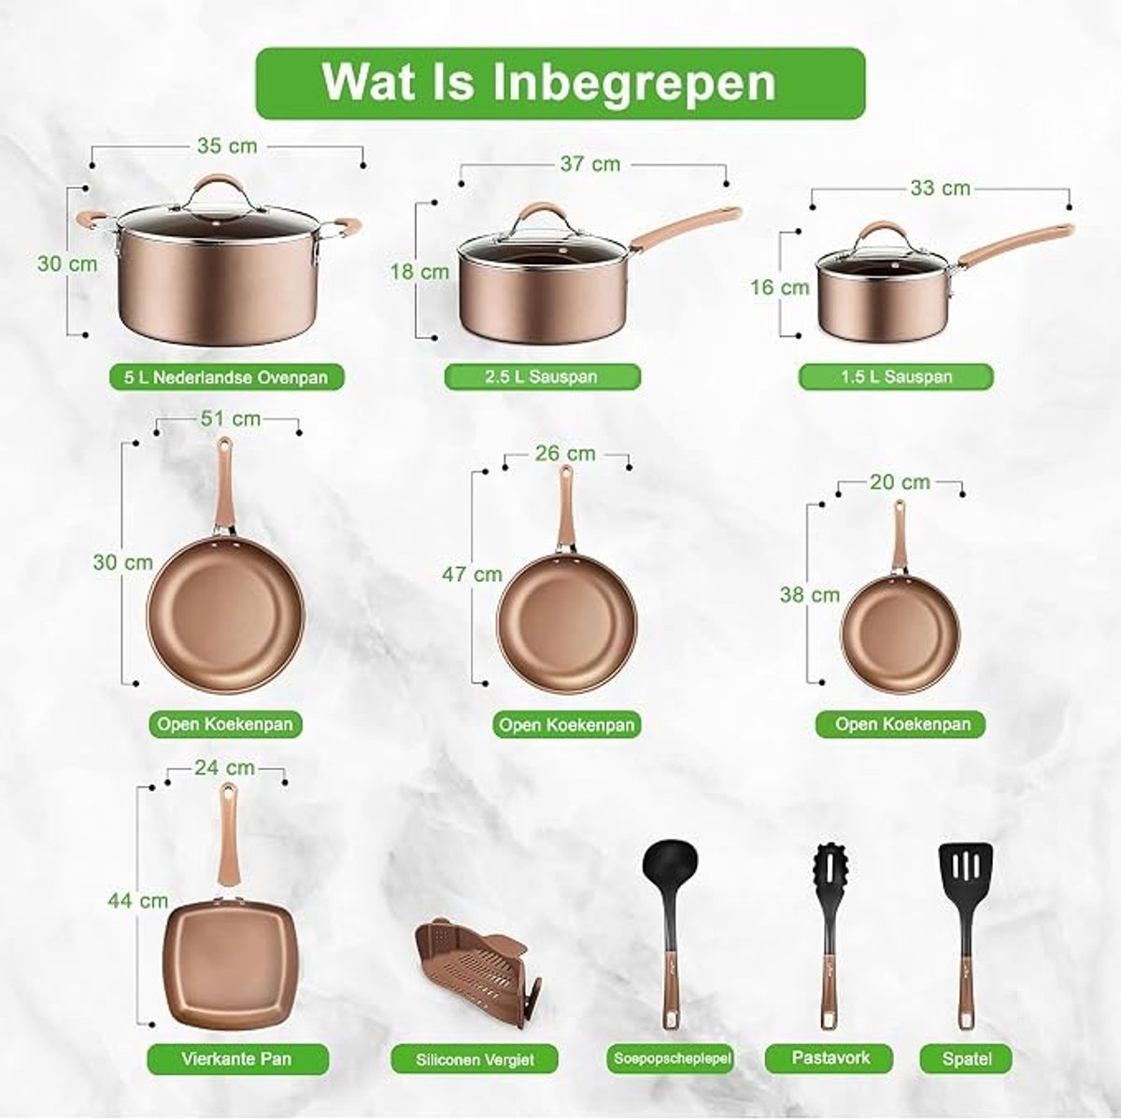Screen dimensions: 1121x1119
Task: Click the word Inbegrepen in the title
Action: point(634,82)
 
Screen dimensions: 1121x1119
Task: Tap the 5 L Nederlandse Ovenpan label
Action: point(226,377)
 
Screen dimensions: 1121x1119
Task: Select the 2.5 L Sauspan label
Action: point(542,376)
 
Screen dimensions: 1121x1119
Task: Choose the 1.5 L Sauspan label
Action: point(896,376)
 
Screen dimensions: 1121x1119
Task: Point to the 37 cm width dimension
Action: point(590,164)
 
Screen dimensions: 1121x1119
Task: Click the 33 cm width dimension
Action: point(940,189)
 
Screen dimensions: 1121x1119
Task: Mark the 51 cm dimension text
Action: point(231,418)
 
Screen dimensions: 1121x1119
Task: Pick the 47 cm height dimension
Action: point(472,574)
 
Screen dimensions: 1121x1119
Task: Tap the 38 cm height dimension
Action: point(810,595)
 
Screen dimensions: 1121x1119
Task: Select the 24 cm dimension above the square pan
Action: point(224,768)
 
